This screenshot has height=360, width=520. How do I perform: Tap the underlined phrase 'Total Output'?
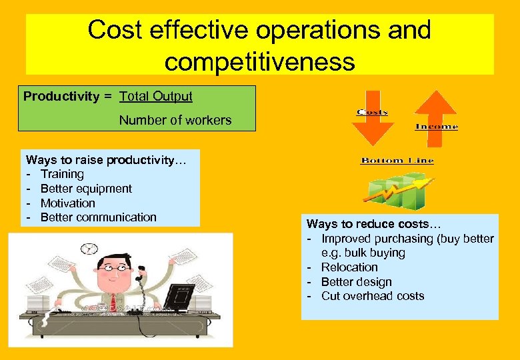tap(156, 97)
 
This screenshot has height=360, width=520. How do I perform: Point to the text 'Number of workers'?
tap(175, 121)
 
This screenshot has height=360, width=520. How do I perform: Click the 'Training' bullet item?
tap(62, 174)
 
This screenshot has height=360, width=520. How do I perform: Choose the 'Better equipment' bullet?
tap(86, 189)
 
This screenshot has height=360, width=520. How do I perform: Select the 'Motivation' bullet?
tap(68, 203)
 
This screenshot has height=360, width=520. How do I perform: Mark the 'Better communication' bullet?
tap(98, 217)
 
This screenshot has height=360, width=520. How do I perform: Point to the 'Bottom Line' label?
tap(397, 161)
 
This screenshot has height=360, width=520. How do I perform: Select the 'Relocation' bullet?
tap(349, 267)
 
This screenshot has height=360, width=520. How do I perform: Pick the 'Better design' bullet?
tap(356, 282)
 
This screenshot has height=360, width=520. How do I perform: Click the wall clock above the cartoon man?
tap(89, 249)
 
